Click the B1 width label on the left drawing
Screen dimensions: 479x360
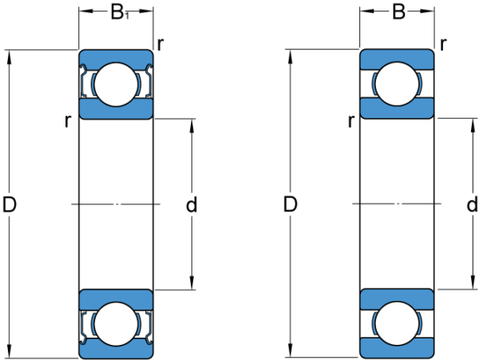(120, 13)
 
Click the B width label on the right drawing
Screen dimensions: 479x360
(398, 12)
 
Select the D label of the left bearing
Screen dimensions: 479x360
(9, 204)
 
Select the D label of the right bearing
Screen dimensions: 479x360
(290, 204)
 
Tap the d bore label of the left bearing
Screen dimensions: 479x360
(192, 204)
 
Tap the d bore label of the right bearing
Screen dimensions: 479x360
(472, 204)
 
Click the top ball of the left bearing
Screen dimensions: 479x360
(116, 85)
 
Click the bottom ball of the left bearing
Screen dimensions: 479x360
(116, 324)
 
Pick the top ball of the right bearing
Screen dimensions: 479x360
(397, 84)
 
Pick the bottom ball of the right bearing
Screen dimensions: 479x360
(397, 323)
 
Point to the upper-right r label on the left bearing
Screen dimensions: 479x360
(160, 45)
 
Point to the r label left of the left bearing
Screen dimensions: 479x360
(68, 121)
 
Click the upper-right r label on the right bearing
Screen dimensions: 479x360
(443, 45)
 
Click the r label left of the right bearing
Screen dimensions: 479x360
(351, 121)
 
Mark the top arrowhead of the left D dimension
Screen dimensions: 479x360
(9, 57)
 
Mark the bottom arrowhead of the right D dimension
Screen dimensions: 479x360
(290, 350)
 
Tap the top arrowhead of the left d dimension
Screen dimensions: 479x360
(192, 126)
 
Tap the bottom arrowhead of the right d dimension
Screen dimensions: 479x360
(473, 282)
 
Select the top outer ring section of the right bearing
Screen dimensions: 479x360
(397, 58)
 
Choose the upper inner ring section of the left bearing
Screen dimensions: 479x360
(116, 109)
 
